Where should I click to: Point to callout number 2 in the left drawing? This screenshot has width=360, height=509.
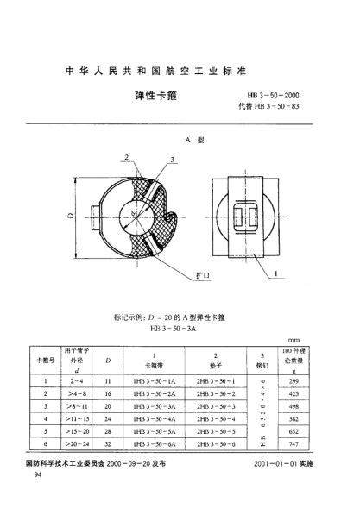[126, 158]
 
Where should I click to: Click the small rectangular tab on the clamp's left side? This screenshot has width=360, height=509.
[94, 213]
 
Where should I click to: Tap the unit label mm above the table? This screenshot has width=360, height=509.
[318, 339]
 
